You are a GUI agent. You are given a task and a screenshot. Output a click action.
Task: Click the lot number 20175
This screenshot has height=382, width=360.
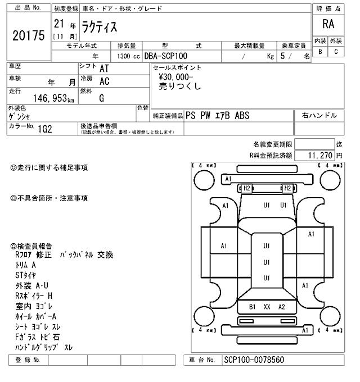28,35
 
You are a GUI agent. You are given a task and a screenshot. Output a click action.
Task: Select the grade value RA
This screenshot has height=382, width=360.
328,25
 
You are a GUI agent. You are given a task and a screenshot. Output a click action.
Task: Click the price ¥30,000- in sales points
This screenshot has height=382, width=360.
175,78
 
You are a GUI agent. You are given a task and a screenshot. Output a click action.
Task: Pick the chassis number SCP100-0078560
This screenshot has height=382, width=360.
254,360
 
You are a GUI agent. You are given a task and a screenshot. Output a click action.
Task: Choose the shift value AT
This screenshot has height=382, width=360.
104,69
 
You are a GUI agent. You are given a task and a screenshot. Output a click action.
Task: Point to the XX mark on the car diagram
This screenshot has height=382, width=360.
267,307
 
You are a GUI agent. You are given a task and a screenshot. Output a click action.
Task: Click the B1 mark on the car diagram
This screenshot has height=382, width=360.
253,307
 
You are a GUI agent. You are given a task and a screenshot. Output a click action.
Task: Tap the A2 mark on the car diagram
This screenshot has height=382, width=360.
282,307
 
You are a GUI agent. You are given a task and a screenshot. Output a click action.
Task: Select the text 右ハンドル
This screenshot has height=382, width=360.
319,115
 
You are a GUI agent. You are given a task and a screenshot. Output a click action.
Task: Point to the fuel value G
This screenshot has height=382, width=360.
101,98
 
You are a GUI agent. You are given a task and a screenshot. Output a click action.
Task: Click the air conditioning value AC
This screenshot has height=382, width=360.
104,81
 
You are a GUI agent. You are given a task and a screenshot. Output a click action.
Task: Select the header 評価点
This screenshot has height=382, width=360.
328,9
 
